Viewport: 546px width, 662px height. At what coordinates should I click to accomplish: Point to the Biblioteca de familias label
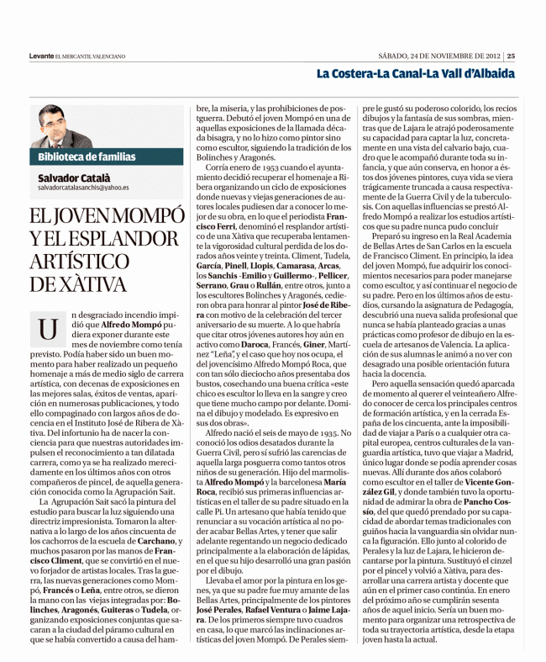tap(87, 156)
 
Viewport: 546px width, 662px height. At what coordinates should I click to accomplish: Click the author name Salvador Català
tap(76, 178)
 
